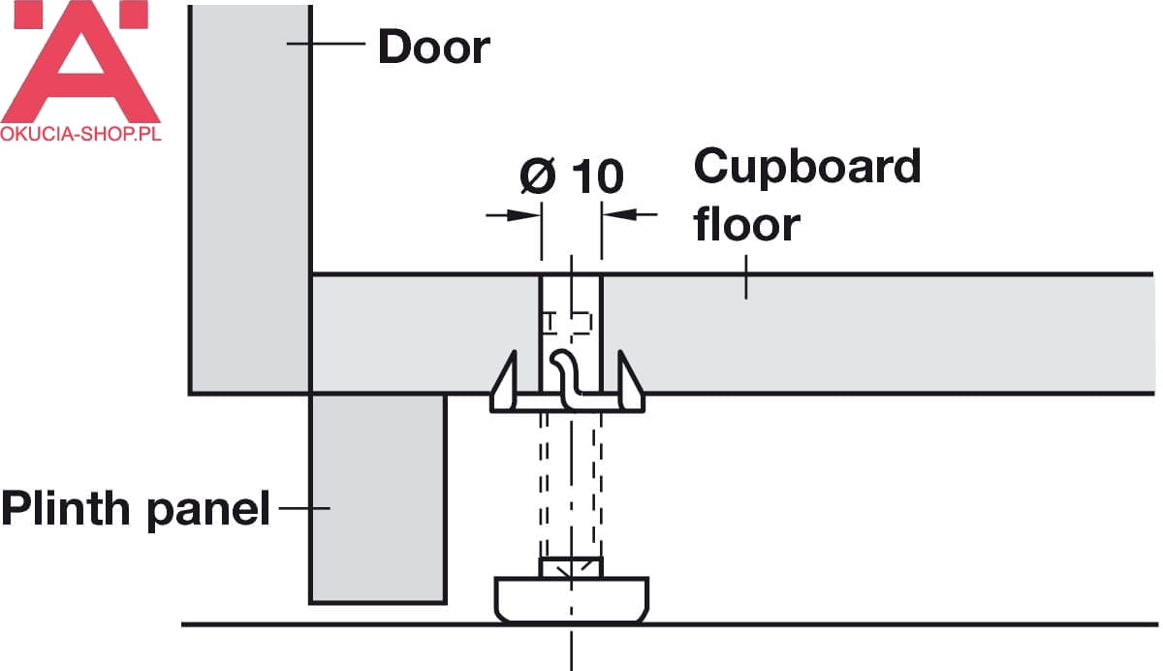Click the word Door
point(434,47)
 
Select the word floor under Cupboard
point(746,224)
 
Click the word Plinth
point(66,507)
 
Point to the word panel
point(208,510)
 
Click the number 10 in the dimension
point(598,176)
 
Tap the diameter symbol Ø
point(537,176)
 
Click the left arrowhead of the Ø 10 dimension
point(524,215)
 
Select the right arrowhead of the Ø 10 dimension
point(619,214)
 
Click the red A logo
point(80,61)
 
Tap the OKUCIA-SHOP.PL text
point(81,134)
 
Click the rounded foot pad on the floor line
point(571,599)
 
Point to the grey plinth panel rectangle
point(378,498)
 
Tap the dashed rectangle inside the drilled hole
point(567,323)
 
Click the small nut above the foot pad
point(571,567)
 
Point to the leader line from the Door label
point(326,44)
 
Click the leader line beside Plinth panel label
point(304,508)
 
